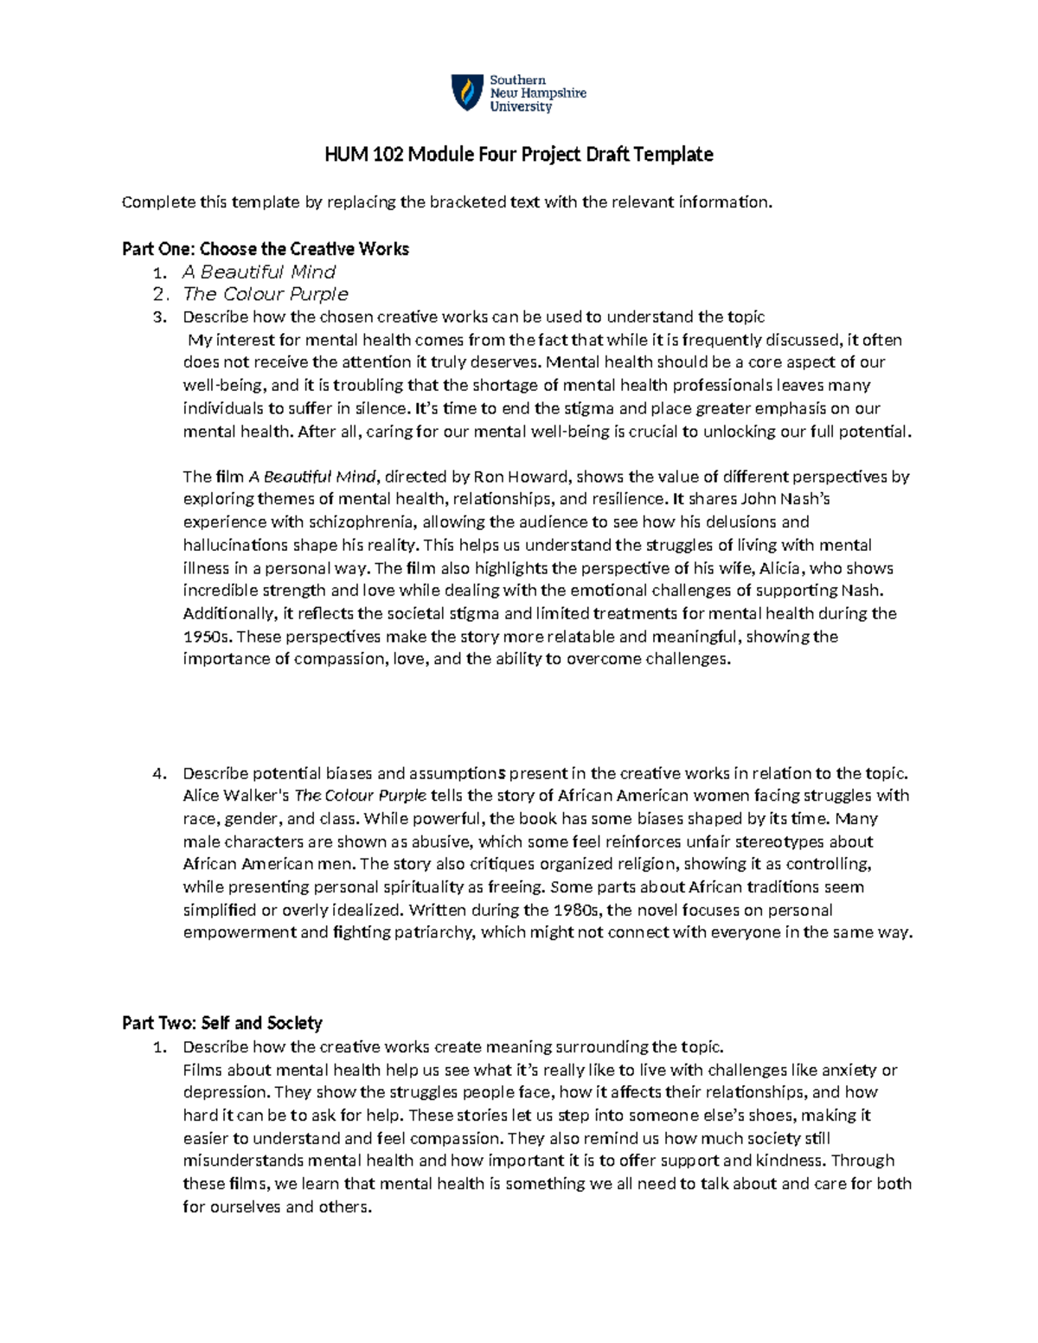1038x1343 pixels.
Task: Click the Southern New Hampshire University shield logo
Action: coord(468,93)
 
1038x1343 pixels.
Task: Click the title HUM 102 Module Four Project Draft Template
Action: coord(518,155)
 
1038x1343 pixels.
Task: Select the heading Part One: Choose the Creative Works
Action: coord(266,249)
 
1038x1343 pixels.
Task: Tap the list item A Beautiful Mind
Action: coord(259,272)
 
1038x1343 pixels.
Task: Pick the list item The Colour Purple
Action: coord(265,294)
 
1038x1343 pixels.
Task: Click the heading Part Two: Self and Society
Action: coord(222,1023)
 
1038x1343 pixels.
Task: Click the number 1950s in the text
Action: coord(208,636)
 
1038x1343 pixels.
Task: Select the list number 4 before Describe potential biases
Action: coord(158,773)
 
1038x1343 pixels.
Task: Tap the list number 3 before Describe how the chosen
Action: coord(158,317)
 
